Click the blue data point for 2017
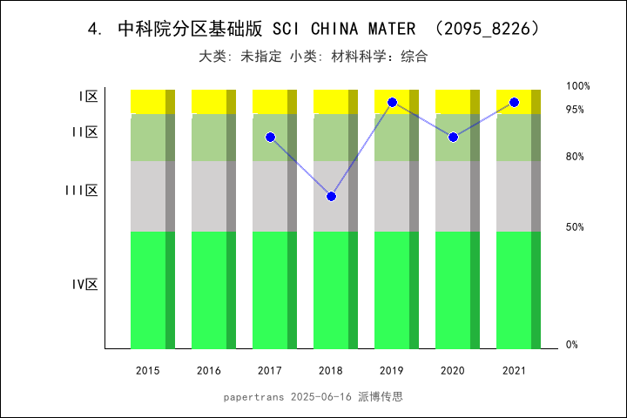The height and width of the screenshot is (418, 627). click(270, 138)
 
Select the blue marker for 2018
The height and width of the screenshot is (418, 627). click(331, 196)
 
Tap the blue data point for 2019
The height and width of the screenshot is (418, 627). click(392, 103)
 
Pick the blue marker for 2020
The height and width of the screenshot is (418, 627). click(453, 138)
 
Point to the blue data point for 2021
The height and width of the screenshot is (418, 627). click(514, 103)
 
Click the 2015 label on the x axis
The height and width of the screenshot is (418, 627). click(148, 371)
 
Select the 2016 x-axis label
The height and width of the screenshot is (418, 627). click(209, 371)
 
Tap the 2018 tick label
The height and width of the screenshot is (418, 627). click(331, 371)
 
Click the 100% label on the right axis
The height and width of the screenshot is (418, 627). click(578, 86)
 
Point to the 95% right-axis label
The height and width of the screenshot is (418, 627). click(575, 110)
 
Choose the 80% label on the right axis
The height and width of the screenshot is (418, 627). click(575, 157)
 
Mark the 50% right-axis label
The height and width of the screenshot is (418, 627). click(575, 227)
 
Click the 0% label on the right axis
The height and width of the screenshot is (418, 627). click(572, 345)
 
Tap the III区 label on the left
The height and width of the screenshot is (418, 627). click(81, 191)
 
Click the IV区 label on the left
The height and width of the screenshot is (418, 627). click(84, 284)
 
